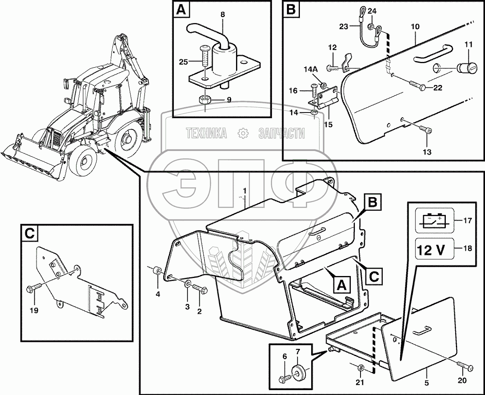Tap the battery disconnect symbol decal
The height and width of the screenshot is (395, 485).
coord(432,220)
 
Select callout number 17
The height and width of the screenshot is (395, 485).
coord(468,221)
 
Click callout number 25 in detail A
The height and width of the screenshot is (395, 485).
coord(183,62)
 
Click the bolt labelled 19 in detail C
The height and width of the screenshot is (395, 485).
coord(33,288)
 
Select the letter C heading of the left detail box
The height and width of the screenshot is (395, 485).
coord(30,234)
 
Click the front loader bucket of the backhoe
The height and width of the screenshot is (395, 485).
coord(30,160)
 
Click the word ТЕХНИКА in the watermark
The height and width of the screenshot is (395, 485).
coord(206,133)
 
